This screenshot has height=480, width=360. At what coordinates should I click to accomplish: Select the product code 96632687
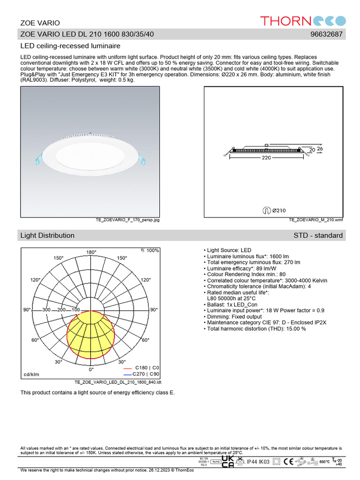pyautogui.click(x=327, y=34)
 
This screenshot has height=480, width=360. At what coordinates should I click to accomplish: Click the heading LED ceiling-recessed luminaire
pyautogui.click(x=70, y=46)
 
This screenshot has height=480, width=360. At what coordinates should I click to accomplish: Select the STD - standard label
pyautogui.click(x=318, y=235)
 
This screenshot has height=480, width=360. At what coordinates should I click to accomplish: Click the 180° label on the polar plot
pyautogui.click(x=91, y=252)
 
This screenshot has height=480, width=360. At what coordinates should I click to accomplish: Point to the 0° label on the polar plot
pyautogui.click(x=91, y=369)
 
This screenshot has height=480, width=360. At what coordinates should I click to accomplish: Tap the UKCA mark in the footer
pyautogui.click(x=227, y=462)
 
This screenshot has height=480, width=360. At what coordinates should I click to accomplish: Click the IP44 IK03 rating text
pyautogui.click(x=258, y=463)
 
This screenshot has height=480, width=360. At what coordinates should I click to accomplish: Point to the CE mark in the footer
pyautogui.click(x=289, y=462)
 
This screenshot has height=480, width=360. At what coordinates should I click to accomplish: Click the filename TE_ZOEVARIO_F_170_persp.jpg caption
pyautogui.click(x=127, y=220)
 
